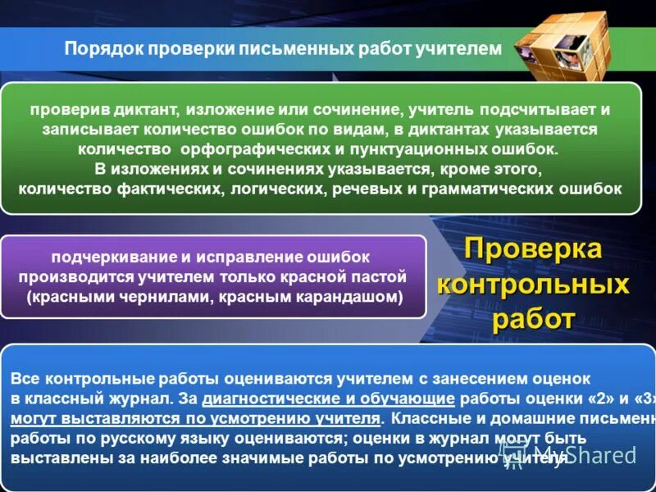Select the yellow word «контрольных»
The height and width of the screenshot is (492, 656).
(x=533, y=285)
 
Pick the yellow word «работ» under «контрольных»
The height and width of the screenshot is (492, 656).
(x=533, y=319)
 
